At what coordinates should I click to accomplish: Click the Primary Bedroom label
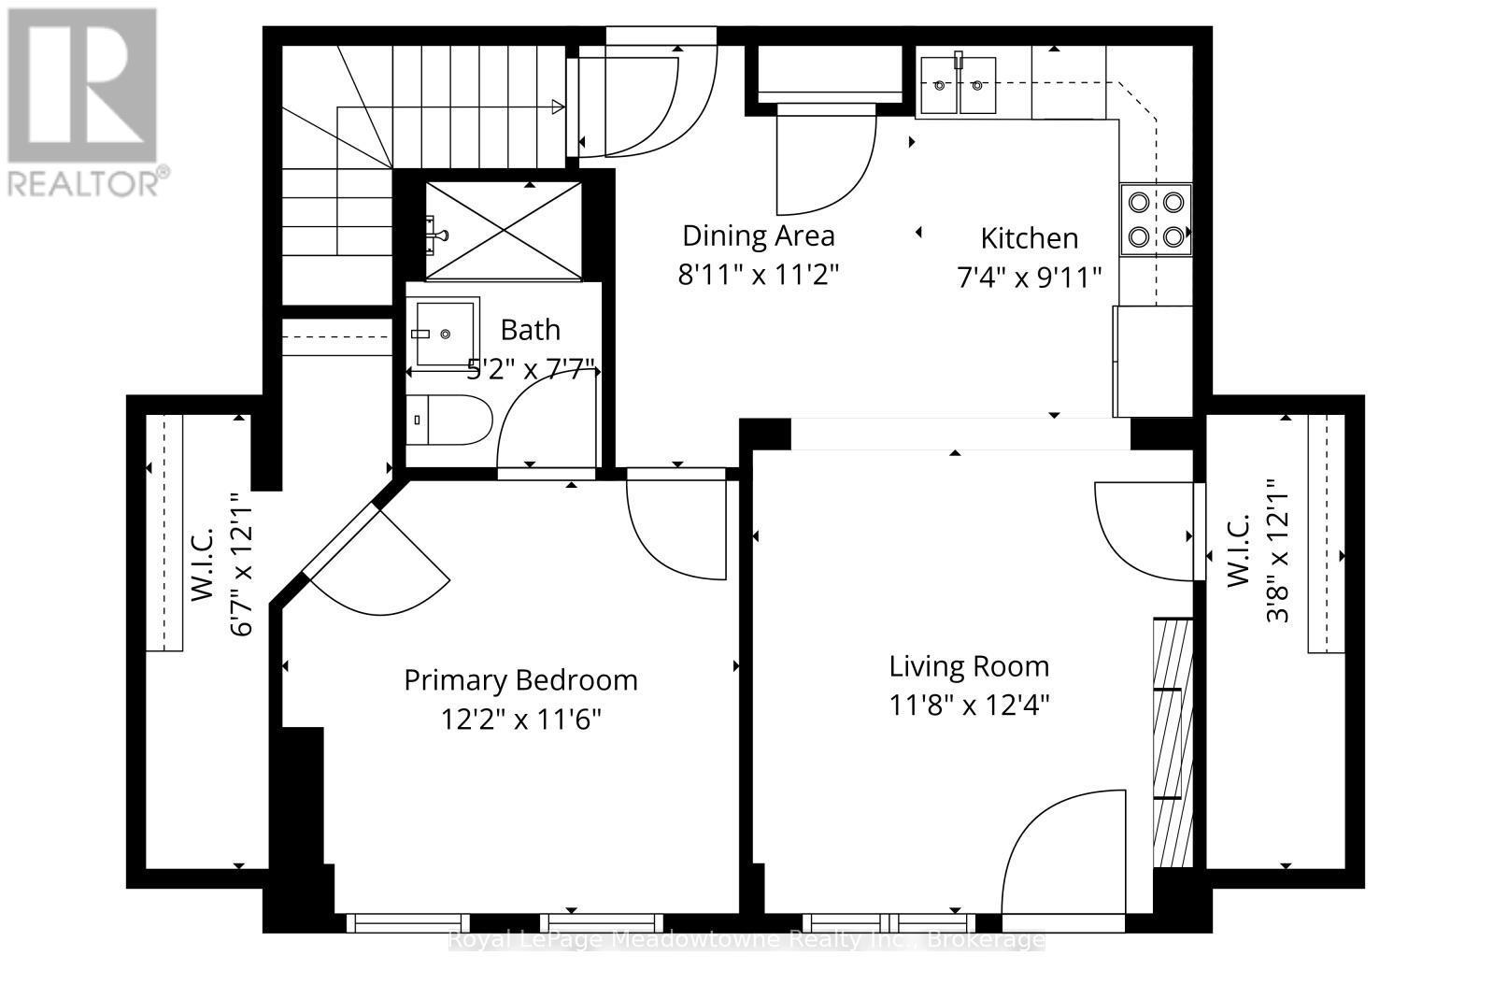point(520,679)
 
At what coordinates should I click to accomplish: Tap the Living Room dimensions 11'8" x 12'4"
point(969,705)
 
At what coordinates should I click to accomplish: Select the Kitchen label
point(1029,238)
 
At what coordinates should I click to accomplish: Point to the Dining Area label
point(758,235)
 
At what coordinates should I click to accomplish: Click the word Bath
point(530,330)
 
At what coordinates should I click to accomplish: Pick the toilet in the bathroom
point(449,420)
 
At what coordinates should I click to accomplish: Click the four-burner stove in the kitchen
point(1156,219)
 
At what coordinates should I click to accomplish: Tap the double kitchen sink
point(957,85)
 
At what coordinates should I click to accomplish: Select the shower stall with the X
point(504,230)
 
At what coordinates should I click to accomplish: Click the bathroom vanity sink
point(443,333)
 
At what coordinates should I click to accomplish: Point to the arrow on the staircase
point(558,107)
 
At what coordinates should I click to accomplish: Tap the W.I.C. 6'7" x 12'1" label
point(221,565)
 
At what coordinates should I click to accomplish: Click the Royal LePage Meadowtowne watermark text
point(745,939)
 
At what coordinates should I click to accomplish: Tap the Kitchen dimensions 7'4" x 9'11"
point(1029,278)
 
